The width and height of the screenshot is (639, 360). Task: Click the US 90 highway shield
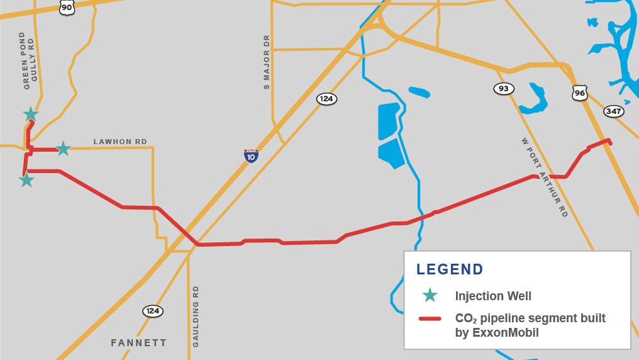(x=67, y=8)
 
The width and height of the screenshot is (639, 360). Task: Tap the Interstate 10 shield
(x=251, y=155)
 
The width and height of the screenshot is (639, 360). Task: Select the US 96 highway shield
(x=580, y=93)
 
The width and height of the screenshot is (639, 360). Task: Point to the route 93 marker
(x=503, y=89)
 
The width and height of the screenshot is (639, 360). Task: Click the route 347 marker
(x=613, y=111)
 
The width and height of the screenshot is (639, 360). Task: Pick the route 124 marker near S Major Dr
(x=326, y=99)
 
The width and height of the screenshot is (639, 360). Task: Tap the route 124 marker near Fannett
(x=152, y=311)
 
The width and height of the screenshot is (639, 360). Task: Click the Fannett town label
(x=139, y=343)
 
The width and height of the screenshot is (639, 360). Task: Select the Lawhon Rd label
(x=120, y=142)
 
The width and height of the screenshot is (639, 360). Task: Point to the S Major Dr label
(x=267, y=62)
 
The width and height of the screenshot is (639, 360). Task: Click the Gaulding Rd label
(x=196, y=316)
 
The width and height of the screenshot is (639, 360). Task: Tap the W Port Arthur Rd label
(x=544, y=177)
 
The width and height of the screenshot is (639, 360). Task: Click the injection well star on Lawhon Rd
(x=63, y=149)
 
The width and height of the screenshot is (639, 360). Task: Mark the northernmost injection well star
(x=30, y=114)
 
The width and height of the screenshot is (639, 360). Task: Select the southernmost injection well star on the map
(x=26, y=180)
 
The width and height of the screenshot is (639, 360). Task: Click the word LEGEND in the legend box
(x=450, y=269)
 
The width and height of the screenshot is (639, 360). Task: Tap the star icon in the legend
(x=430, y=295)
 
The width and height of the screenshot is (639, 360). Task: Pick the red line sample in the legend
(x=432, y=318)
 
